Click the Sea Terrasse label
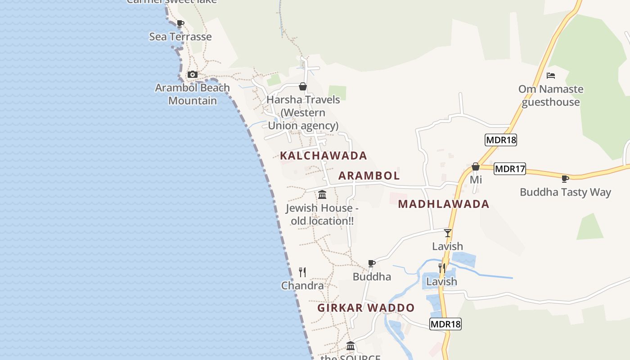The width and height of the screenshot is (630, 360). click(x=180, y=37)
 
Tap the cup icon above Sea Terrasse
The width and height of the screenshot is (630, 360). click(x=180, y=23)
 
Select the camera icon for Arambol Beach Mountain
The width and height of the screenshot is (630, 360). click(x=193, y=74)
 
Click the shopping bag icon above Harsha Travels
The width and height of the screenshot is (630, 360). click(x=303, y=86)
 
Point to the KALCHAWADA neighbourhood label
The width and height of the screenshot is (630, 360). click(x=324, y=156)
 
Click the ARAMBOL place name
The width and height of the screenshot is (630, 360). click(x=369, y=175)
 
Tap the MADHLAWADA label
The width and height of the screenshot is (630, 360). click(x=444, y=204)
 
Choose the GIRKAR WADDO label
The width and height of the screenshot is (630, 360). click(x=366, y=308)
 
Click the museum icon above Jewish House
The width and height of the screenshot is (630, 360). click(x=322, y=195)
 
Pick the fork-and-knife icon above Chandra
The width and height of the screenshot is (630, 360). click(x=302, y=272)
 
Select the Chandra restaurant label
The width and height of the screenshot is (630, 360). click(x=302, y=286)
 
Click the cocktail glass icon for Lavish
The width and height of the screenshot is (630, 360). click(x=447, y=233)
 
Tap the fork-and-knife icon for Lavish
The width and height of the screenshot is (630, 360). click(x=442, y=268)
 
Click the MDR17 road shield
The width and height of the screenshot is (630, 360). click(x=510, y=169)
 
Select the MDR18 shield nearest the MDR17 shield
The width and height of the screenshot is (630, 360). click(x=501, y=140)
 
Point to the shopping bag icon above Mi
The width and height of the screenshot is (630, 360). click(x=476, y=167)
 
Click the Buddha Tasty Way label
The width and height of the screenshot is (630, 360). click(x=565, y=192)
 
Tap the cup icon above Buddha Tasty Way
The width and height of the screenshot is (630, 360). click(x=565, y=179)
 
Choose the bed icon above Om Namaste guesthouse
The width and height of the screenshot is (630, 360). click(x=551, y=76)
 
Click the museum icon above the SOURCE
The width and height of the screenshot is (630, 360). click(x=351, y=346)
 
